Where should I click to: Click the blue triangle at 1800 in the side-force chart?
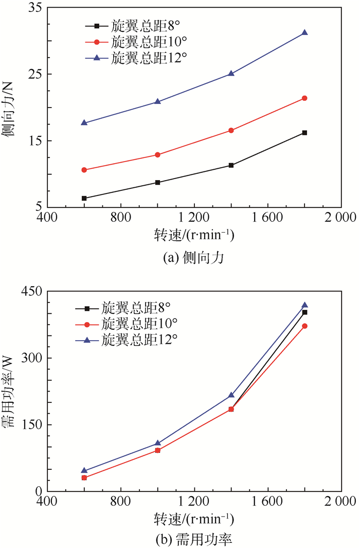(304, 32)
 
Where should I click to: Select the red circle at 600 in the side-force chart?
(84, 170)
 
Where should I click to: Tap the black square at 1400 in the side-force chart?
(231, 165)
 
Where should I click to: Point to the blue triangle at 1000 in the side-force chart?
(157, 101)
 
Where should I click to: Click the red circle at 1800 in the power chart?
(304, 326)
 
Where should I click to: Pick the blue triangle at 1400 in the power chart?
(231, 395)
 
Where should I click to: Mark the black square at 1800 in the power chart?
(304, 312)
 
